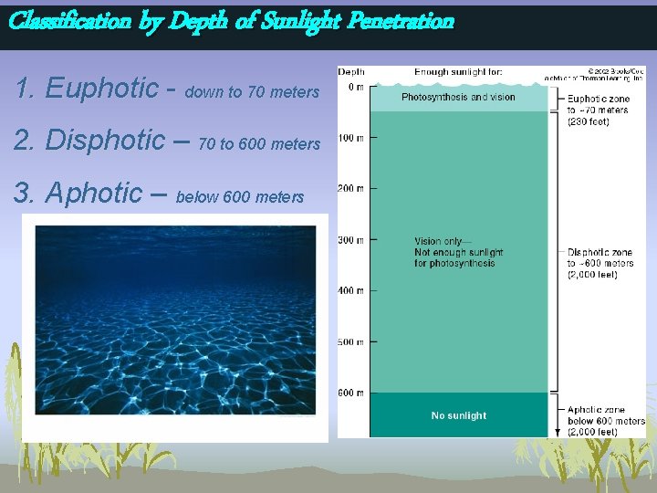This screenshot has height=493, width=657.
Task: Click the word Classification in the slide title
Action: click(69, 20)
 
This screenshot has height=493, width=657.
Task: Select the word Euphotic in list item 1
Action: click(101, 89)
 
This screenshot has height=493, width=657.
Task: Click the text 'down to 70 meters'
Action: click(252, 92)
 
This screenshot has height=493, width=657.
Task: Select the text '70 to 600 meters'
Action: click(259, 144)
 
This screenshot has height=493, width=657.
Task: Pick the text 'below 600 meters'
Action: click(239, 197)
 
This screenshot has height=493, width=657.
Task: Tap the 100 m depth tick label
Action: click(351, 138)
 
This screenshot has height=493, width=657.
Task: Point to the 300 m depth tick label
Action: click(351, 240)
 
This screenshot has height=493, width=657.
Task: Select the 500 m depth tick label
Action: click(351, 342)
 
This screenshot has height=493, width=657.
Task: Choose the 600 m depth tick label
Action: click(351, 393)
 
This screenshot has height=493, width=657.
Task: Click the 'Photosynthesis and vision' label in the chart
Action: click(458, 97)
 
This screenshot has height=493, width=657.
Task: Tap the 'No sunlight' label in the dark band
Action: click(458, 415)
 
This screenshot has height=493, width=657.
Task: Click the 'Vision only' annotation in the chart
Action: click(443, 242)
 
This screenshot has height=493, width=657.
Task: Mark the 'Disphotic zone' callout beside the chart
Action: click(600, 252)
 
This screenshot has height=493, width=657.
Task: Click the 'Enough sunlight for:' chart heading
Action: click(457, 72)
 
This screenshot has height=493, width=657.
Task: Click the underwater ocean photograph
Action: click(175, 320)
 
